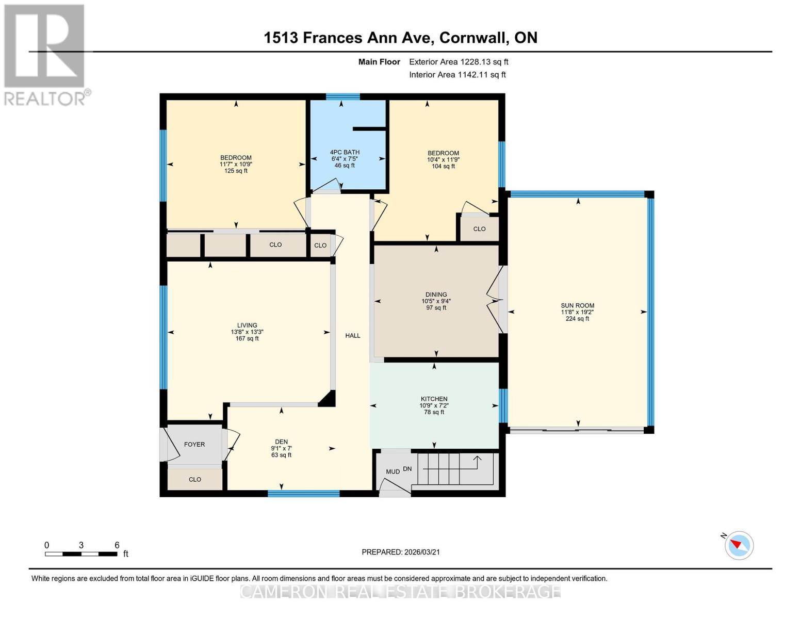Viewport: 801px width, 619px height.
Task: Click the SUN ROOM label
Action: pos(577,305)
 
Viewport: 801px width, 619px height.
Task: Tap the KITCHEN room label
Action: pos(434,399)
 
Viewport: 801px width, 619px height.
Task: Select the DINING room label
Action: pos(436,294)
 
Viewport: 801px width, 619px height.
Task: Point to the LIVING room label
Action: pos(247,325)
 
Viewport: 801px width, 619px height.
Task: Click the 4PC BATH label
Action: pos(345,152)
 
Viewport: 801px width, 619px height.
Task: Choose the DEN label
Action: pos(281,442)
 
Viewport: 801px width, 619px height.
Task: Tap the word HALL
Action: pos(353,335)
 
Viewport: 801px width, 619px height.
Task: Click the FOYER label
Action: pos(194,444)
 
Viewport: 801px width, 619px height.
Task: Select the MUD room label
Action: pos(393,471)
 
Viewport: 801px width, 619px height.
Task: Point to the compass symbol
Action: pos(739,545)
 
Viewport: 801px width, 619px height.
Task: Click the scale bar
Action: pos(81,553)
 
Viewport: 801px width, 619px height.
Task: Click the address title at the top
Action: pos(401,38)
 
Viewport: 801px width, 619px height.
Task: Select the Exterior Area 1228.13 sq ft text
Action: pos(459,62)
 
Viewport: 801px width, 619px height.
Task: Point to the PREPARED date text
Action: pos(401,552)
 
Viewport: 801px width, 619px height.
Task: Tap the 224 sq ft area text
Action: pos(577,319)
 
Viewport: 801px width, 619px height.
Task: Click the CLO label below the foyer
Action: pos(194,479)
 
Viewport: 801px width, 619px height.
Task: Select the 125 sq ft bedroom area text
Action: pos(236,171)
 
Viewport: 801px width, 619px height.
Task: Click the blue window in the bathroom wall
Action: pos(343,96)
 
